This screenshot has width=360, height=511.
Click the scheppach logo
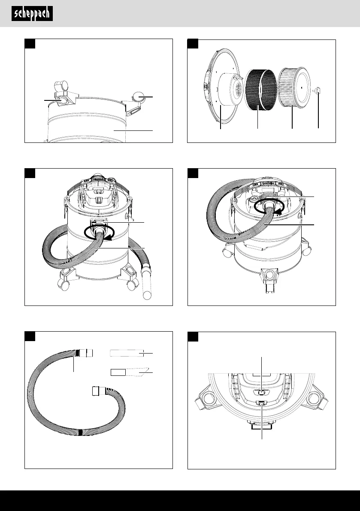[x=32, y=14]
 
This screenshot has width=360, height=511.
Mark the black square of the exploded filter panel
[x=193, y=44]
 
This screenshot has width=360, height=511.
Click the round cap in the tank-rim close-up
[x=138, y=97]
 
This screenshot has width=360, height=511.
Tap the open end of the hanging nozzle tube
[x=147, y=295]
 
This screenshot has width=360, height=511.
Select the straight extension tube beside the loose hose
[x=127, y=353]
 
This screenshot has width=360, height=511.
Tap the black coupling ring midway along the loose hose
[x=80, y=432]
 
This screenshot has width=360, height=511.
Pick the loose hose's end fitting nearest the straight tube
[x=86, y=353]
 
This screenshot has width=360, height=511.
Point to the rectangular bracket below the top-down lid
[x=262, y=426]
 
